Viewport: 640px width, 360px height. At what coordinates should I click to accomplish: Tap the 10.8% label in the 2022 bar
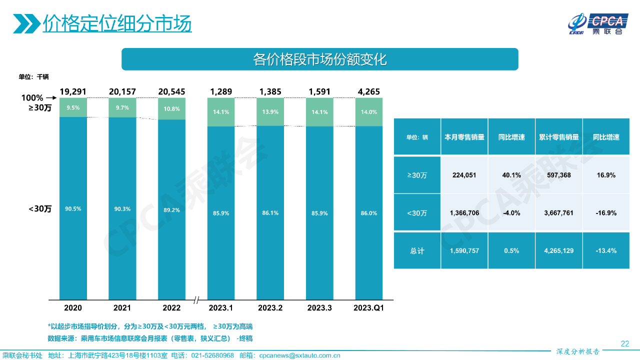pos(171,109)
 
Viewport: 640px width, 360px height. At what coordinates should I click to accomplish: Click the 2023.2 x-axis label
pos(270,308)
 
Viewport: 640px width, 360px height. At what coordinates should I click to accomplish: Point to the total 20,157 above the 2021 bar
pos(122,91)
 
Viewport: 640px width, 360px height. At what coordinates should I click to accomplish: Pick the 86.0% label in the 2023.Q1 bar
pos(368,213)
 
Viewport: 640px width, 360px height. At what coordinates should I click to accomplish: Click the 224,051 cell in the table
pos(463,175)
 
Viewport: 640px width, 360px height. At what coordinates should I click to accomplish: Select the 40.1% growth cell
pos(511,175)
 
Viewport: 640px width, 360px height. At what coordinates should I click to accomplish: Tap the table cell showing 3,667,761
pos(559,213)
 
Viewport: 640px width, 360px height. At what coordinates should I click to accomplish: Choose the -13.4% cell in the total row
pos(606,250)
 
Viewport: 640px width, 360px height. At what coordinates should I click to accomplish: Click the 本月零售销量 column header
pos(464,137)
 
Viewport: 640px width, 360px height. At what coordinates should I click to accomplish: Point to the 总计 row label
pos(417,250)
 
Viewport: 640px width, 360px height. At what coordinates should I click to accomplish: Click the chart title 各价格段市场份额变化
pos(320,59)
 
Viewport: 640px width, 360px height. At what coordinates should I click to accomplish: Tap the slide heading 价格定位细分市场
pos(117,23)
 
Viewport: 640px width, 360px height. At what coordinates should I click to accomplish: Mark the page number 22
pos(624,343)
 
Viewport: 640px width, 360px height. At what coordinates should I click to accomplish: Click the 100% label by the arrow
pos(32,98)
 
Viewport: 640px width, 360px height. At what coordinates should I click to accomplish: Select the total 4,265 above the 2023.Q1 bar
pos(368,91)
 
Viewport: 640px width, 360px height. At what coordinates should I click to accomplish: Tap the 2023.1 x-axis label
pos(221,308)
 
